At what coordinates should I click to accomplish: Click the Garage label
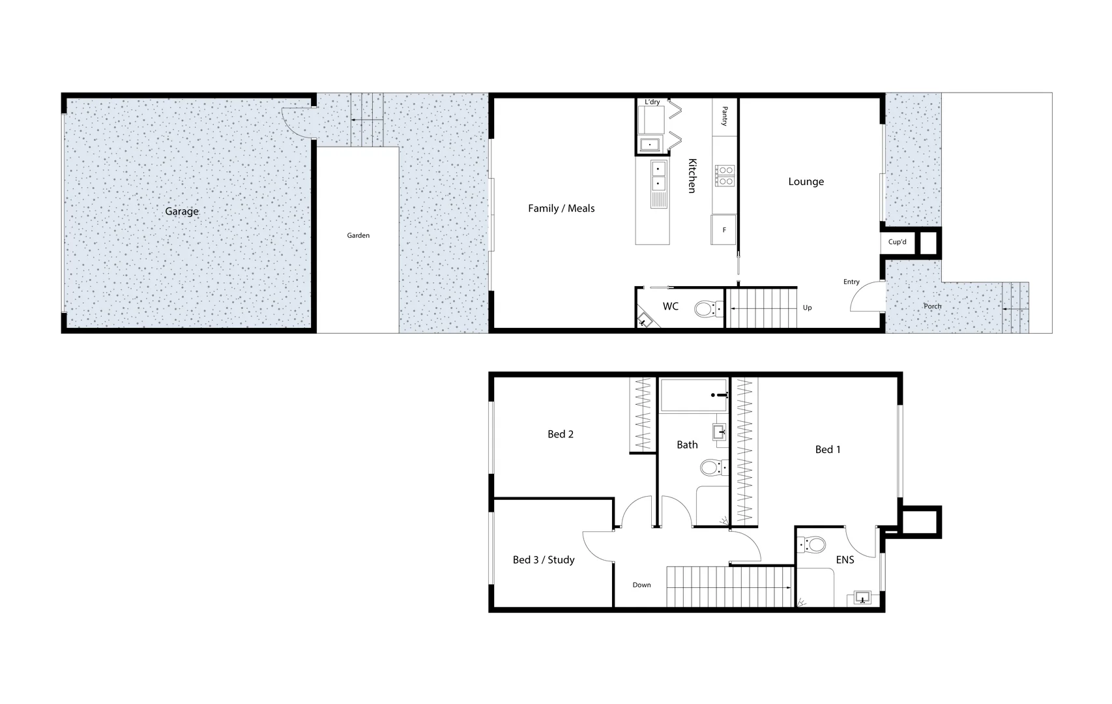click(181, 211)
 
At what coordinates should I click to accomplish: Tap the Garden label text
click(358, 235)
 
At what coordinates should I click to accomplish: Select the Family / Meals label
click(561, 209)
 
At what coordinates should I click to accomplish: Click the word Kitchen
click(692, 175)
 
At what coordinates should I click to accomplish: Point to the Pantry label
click(724, 117)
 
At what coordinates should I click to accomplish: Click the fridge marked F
click(724, 229)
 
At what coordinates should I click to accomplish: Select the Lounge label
click(806, 182)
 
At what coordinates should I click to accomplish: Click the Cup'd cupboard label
click(897, 242)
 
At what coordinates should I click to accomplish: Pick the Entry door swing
click(867, 299)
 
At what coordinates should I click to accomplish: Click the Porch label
click(932, 306)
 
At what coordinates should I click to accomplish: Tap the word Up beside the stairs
click(807, 308)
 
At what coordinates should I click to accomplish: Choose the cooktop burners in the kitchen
click(725, 175)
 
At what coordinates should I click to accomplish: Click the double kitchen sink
click(658, 175)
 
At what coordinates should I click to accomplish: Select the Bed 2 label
click(561, 434)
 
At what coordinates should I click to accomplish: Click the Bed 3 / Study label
click(544, 560)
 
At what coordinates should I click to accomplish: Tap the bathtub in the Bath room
click(694, 395)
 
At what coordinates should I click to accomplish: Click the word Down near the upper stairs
click(641, 585)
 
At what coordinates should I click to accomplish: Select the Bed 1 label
click(828, 449)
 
